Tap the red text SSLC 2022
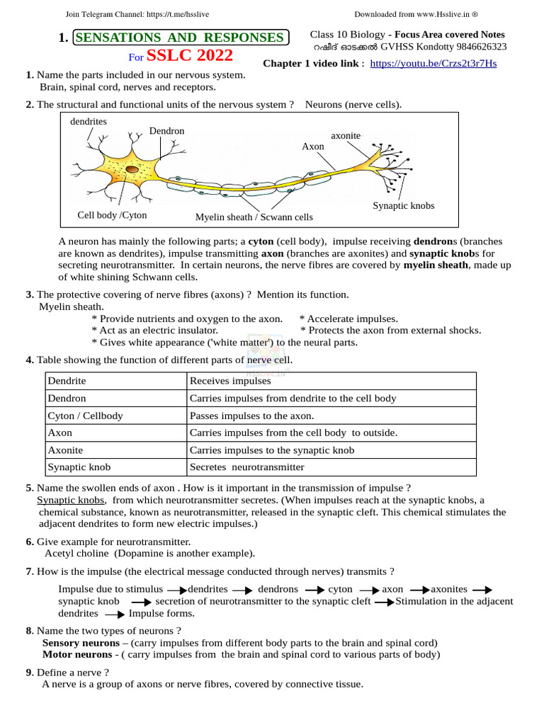click(189, 55)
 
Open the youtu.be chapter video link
click(433, 63)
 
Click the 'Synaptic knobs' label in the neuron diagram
click(403, 205)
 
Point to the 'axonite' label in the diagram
click(346, 135)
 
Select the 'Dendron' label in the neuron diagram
click(166, 131)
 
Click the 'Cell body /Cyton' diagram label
click(112, 215)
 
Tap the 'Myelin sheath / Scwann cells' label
click(254, 217)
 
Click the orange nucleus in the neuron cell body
click(132, 170)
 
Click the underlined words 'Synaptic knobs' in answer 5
click(71, 500)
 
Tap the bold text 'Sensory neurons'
click(81, 643)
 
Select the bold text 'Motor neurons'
click(76, 654)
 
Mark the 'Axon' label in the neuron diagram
click(313, 146)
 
